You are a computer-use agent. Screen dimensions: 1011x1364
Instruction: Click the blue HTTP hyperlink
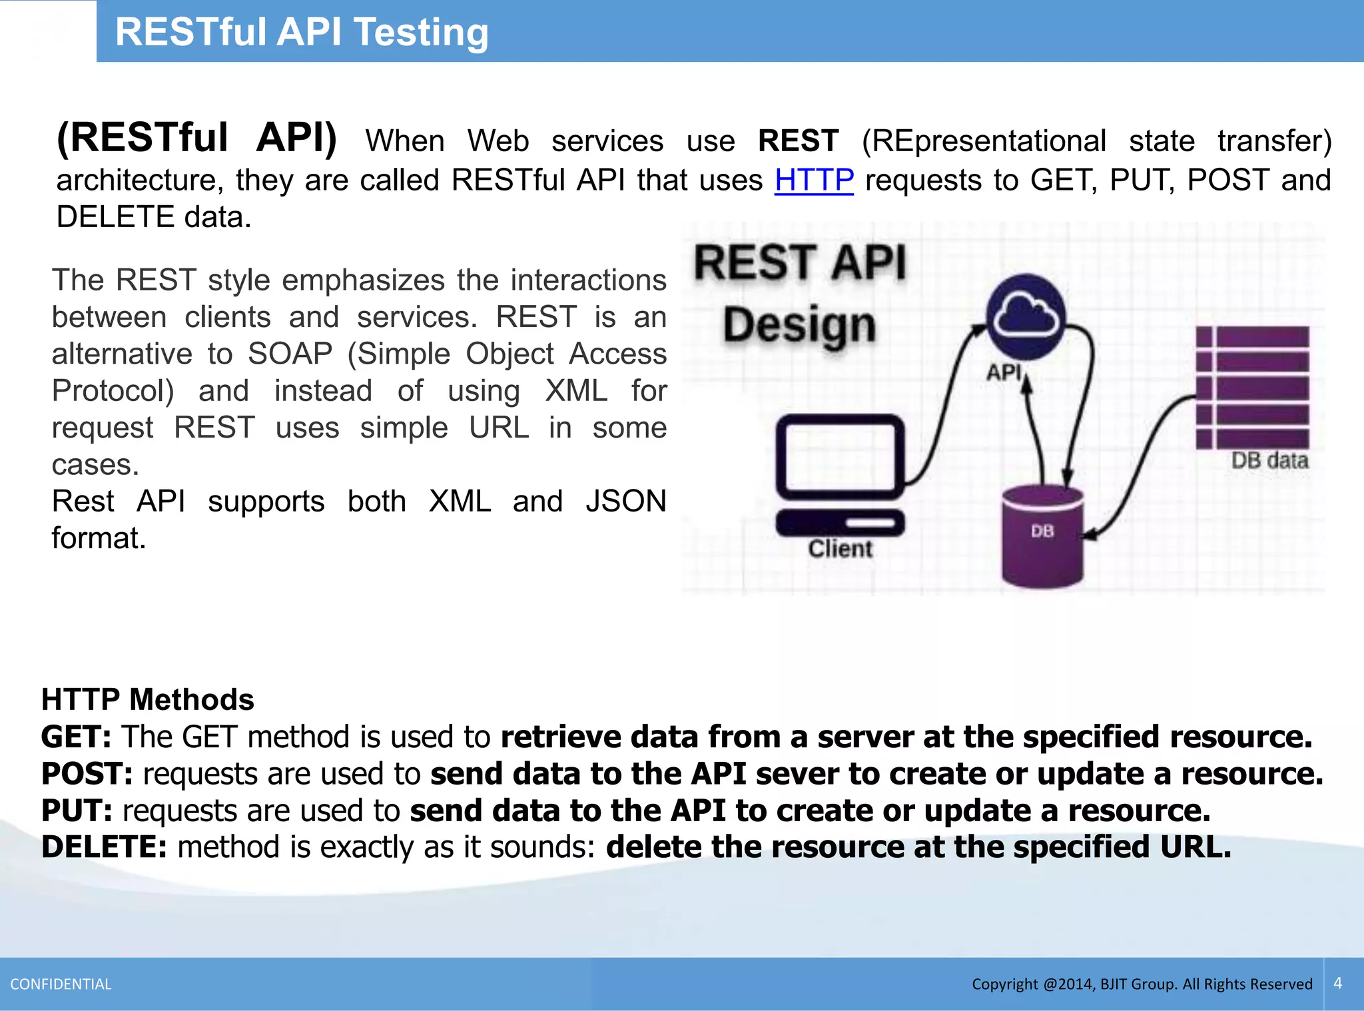pos(814,180)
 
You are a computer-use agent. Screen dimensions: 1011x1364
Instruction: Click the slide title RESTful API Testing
pos(302,32)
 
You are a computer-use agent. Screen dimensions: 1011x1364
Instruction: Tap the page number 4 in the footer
pos(1338,983)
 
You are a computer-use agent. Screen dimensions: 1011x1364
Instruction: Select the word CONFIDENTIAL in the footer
pos(61,984)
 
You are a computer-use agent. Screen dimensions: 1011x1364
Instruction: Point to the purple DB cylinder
pos(1042,536)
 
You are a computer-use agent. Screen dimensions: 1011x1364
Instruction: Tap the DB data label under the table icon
pos(1269,461)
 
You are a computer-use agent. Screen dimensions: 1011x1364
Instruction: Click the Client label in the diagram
pos(840,549)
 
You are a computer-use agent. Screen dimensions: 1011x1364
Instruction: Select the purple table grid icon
pos(1252,387)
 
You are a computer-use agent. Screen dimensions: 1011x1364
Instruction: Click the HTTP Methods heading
pos(148,700)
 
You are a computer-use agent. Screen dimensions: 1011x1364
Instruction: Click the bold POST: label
pos(87,774)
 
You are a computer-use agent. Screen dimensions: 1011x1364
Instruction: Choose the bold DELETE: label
pos(104,847)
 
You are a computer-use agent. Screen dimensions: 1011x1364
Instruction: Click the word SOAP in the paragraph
pos(290,354)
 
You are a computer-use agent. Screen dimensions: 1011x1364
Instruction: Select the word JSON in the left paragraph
pos(625,502)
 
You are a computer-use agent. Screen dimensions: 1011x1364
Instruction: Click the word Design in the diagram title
pos(799,326)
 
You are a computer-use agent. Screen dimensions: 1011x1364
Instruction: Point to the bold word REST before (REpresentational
pos(798,141)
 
